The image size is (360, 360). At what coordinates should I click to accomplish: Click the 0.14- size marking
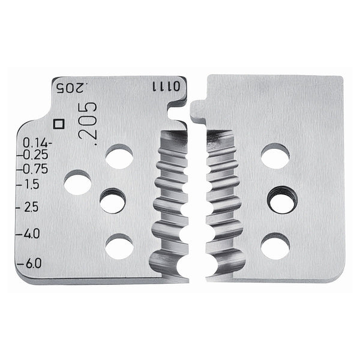click(x=37, y=143)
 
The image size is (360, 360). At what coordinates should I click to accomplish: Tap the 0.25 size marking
click(x=36, y=155)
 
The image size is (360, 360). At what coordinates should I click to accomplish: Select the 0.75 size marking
click(x=35, y=169)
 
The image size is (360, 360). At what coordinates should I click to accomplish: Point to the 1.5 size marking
click(x=31, y=184)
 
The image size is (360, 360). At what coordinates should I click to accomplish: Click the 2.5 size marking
click(x=31, y=208)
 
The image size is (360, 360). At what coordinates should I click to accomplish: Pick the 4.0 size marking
click(x=31, y=233)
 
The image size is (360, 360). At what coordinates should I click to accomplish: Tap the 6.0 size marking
click(x=34, y=263)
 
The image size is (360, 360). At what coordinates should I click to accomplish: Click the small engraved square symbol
click(x=59, y=124)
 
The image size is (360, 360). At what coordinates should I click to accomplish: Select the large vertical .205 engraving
click(x=88, y=124)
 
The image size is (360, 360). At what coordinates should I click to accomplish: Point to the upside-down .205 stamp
click(x=71, y=88)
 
